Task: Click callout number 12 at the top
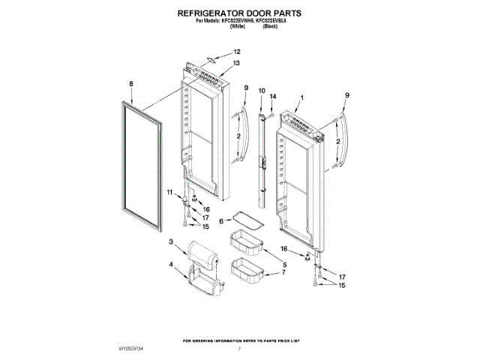coord(237,51)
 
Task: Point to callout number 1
coord(301,97)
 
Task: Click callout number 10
coord(262,91)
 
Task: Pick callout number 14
coord(273,97)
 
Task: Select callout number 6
coord(220,221)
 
